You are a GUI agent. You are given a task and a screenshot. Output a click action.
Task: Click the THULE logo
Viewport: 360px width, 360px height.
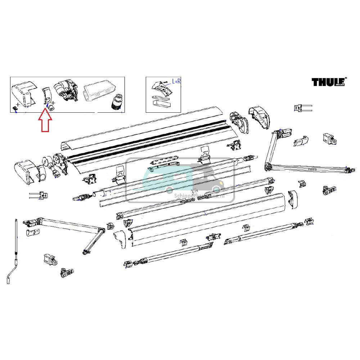pos(328,82)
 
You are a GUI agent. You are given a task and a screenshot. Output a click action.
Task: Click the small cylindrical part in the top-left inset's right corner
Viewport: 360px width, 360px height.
pos(116,102)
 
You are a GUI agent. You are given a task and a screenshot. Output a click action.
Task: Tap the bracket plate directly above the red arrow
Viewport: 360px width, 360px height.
pos(46,95)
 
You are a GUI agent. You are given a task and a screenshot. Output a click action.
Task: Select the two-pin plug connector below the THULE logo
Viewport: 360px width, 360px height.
pos(302,107)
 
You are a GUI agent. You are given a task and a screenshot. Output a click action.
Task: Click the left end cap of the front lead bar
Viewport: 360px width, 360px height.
pos(121,238)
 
